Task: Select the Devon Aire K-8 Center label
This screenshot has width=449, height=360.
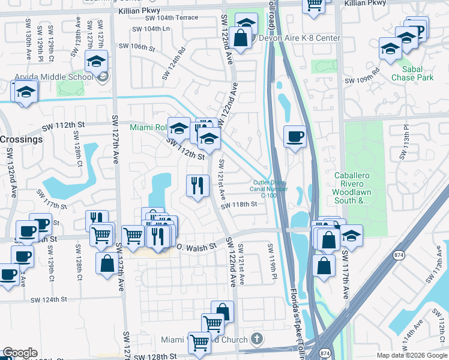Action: (x=298, y=38)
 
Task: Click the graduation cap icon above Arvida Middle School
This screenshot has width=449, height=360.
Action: (x=96, y=61)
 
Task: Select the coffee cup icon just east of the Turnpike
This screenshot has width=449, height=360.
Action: (x=294, y=137)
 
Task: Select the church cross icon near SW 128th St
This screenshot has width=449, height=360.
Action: (x=257, y=340)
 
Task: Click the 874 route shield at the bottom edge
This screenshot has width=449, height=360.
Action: (x=325, y=353)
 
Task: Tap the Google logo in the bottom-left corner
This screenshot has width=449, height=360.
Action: (x=20, y=353)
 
